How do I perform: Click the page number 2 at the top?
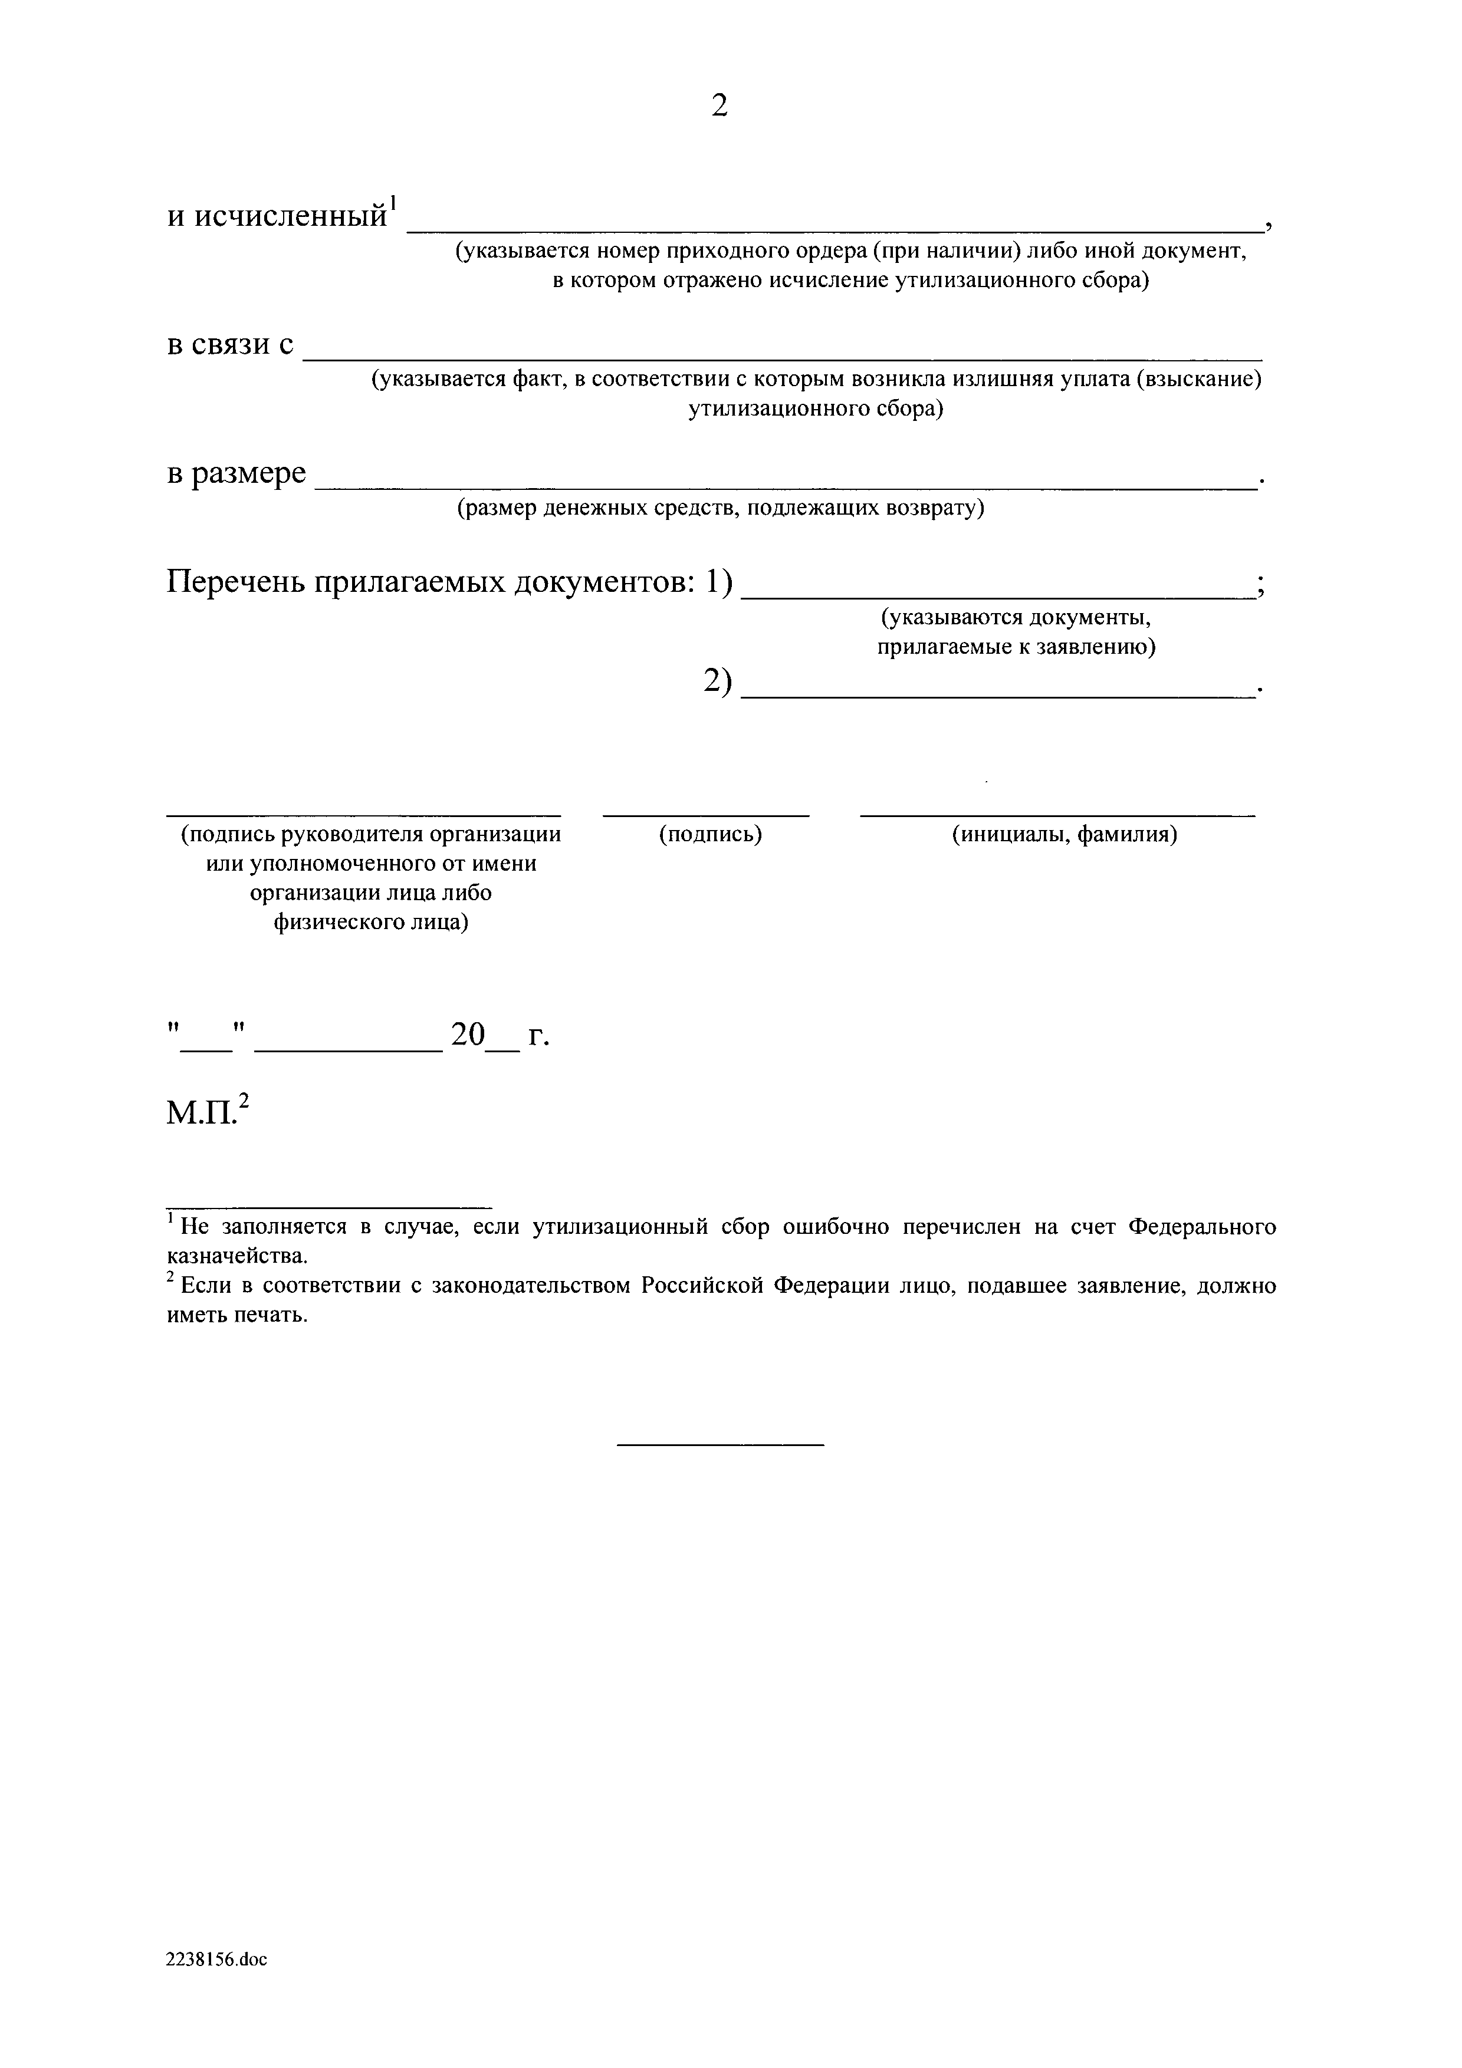pos(719,106)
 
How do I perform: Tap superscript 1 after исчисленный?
pos(393,202)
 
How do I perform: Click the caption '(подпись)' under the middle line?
pos(710,835)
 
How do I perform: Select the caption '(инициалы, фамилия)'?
pos(1065,835)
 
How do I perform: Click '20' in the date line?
pos(468,1035)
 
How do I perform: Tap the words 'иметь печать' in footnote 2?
pos(236,1315)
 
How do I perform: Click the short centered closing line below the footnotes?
pos(719,1445)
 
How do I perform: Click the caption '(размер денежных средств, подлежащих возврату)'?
pos(719,509)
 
